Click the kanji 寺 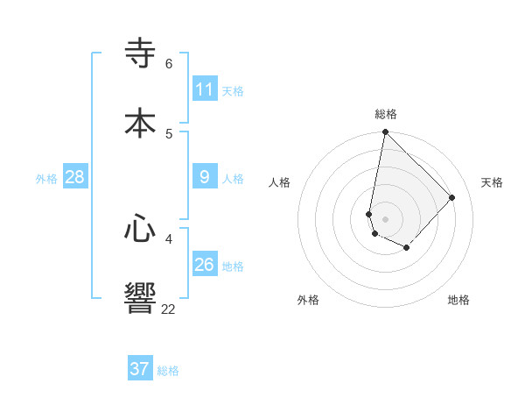tap(140, 54)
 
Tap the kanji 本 tap(140, 123)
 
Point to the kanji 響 tap(140, 298)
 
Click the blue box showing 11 tap(205, 89)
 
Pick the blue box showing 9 tap(205, 177)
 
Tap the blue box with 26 tap(205, 265)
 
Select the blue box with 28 tap(75, 177)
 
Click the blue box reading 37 tap(140, 369)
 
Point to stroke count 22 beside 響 tap(168, 309)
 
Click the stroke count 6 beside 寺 tap(168, 64)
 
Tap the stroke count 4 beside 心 tap(168, 238)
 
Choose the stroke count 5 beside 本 tap(168, 133)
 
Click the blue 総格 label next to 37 tap(168, 371)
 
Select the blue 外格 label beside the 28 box tap(46, 179)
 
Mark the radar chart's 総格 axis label tap(386, 114)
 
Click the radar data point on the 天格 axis tap(451, 197)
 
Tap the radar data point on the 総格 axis tap(385, 132)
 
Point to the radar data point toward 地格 tap(406, 248)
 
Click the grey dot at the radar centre tap(385, 218)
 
